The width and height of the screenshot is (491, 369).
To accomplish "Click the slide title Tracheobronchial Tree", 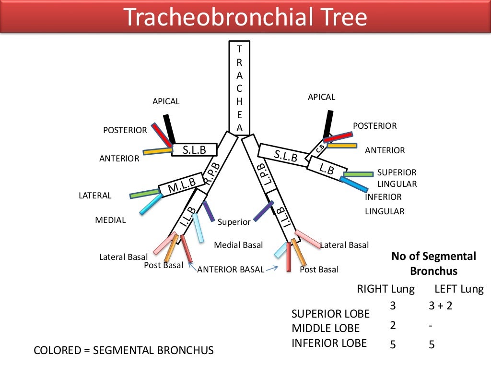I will tap(245, 17).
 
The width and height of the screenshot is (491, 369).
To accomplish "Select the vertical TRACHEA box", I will tap(239, 86).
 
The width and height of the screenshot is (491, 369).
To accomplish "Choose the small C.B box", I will tap(319, 149).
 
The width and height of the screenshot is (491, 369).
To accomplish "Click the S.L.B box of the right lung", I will tap(194, 150).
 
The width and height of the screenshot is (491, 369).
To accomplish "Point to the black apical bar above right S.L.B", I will tap(168, 129).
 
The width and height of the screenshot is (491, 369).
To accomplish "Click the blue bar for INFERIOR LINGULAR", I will tap(354, 184).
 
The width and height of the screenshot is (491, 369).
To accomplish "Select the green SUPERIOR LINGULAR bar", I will tap(358, 174).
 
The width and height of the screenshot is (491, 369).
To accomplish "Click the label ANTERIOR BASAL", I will tap(231, 270).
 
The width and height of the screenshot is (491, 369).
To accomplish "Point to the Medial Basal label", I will tap(238, 245).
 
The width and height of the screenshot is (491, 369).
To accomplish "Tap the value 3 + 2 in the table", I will tap(440, 306).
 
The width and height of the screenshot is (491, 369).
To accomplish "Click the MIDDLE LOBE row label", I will tap(325, 329).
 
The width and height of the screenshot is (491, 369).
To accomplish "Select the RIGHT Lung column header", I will tap(386, 289).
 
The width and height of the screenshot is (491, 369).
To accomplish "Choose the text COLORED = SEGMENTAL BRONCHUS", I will tap(123, 350).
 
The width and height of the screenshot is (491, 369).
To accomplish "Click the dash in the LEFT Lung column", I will tap(431, 325).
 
